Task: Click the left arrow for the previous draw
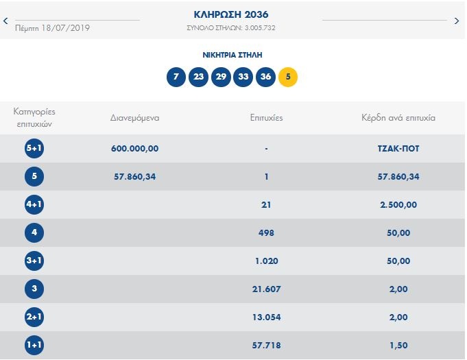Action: click(6, 21)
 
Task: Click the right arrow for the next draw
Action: click(457, 21)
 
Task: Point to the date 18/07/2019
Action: click(65, 28)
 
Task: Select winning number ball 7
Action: click(176, 77)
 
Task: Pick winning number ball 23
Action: click(198, 77)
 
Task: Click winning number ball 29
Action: click(221, 77)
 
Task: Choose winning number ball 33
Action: click(243, 77)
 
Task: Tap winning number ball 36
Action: click(265, 77)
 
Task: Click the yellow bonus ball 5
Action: click(288, 77)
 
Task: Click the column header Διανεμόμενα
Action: click(135, 118)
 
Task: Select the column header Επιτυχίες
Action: click(266, 118)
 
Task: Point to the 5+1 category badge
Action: click(34, 148)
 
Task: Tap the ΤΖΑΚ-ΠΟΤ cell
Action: click(398, 148)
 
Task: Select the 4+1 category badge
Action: click(34, 204)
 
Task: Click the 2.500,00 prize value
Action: click(398, 204)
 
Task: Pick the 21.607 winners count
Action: click(266, 289)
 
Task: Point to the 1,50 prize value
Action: click(398, 345)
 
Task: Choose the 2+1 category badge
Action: click(34, 317)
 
